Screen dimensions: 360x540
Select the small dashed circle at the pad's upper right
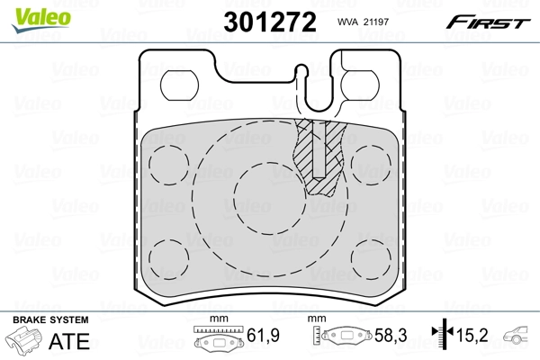369,160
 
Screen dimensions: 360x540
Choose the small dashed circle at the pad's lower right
369,257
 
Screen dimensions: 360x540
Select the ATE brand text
73,341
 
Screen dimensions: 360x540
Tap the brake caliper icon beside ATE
27,343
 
